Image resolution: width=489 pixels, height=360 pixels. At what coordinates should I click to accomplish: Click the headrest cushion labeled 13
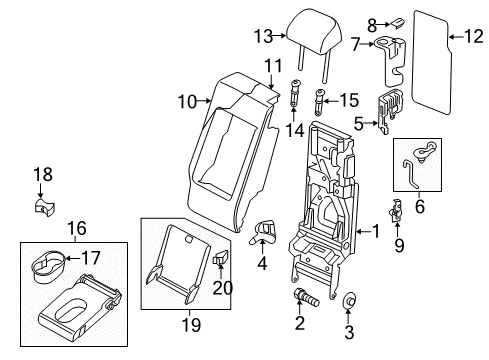[x=314, y=32]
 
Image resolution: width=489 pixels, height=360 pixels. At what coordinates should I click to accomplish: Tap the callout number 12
[x=474, y=36]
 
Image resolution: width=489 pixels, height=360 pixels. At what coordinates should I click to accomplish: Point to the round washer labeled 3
[x=349, y=300]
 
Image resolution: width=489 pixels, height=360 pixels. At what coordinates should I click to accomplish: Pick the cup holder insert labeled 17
[x=48, y=263]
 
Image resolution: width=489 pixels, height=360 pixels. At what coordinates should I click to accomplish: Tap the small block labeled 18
[x=44, y=206]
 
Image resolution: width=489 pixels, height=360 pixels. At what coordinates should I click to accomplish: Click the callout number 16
[x=77, y=228]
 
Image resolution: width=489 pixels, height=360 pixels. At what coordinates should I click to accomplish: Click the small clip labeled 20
[x=221, y=258]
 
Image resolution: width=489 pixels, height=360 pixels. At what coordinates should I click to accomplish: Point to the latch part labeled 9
[x=396, y=211]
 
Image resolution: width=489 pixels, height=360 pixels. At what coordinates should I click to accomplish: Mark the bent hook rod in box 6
[x=410, y=173]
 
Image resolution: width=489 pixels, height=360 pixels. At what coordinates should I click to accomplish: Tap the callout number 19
[x=191, y=324]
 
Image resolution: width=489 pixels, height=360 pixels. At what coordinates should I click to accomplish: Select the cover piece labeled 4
[x=263, y=233]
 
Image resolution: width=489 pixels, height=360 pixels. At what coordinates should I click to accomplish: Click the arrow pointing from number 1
[x=363, y=231]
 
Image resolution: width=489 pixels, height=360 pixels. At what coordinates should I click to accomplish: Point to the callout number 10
[x=187, y=101]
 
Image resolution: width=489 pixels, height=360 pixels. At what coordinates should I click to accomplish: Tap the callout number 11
[x=274, y=66]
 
